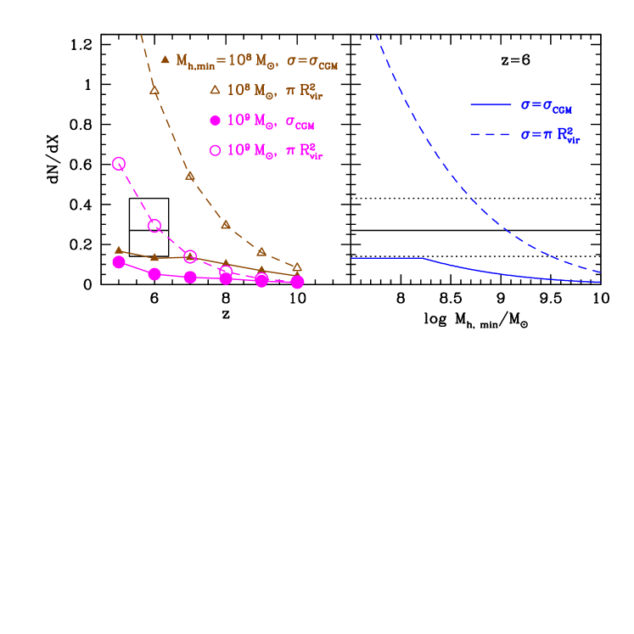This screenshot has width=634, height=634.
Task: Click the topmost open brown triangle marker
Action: pos(154,89)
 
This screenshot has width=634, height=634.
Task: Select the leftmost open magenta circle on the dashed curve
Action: pos(119,163)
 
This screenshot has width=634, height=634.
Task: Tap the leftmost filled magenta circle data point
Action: pos(119,261)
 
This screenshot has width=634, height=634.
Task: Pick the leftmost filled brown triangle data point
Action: pos(119,250)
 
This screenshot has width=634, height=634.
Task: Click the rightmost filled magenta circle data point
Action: pos(297,282)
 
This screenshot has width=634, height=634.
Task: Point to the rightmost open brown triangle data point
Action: pos(297,267)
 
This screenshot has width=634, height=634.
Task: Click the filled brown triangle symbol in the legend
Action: pos(166,59)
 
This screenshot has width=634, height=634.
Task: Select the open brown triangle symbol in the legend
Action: pos(215,89)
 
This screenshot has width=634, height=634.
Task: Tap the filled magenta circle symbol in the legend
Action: pos(215,120)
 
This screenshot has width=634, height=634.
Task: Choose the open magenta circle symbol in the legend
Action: pos(215,150)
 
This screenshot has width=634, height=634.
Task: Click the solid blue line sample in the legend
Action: pos(490,105)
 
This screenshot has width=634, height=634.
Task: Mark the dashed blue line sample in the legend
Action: pos(490,135)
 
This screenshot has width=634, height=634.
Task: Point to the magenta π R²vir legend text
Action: pos(304,152)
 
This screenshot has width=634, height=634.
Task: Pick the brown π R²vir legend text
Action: pos(304,91)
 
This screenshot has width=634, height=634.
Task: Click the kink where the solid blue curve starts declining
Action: pos(424,258)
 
